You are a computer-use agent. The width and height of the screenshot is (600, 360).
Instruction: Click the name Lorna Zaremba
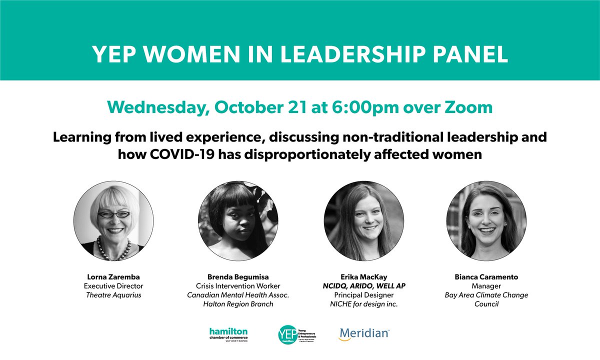(x=109, y=276)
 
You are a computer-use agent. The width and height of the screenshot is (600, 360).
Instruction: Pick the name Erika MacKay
(x=363, y=276)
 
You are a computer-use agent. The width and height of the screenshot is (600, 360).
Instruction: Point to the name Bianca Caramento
(x=486, y=276)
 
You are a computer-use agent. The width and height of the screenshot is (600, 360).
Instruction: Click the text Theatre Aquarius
(x=109, y=295)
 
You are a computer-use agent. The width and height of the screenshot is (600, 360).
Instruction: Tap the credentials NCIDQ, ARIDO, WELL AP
(x=363, y=286)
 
